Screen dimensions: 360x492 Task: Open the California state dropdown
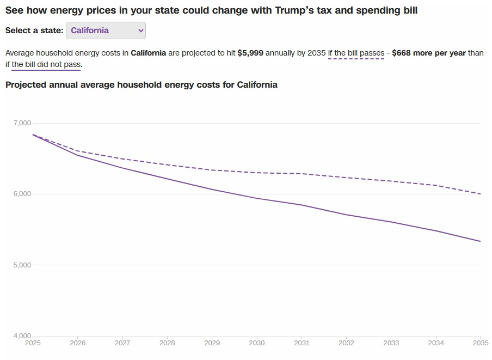coord(106,30)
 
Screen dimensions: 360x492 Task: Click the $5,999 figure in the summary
coord(250,53)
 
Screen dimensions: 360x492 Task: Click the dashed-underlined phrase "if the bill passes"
coord(356,53)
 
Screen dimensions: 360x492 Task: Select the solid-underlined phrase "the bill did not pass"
coord(46,65)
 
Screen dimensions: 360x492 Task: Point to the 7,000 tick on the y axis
coord(22,123)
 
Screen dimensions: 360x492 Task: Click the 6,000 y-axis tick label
coord(22,194)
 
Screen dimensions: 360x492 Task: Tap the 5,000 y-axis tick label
coord(22,265)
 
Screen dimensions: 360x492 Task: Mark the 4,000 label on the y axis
coord(22,335)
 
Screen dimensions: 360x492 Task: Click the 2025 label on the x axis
coord(33,343)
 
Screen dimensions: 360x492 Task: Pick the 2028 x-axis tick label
coord(167,343)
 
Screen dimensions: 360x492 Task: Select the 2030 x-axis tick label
coord(257,343)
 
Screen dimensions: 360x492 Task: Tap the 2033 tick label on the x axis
coord(391,343)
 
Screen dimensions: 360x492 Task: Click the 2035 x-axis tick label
coord(481,343)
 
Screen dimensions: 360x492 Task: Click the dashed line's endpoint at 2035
coord(481,194)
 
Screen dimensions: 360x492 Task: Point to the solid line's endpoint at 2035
coord(481,241)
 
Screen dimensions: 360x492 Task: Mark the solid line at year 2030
coord(257,198)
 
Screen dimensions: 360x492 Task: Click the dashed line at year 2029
coord(212,170)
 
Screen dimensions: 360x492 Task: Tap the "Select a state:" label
coord(34,30)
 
